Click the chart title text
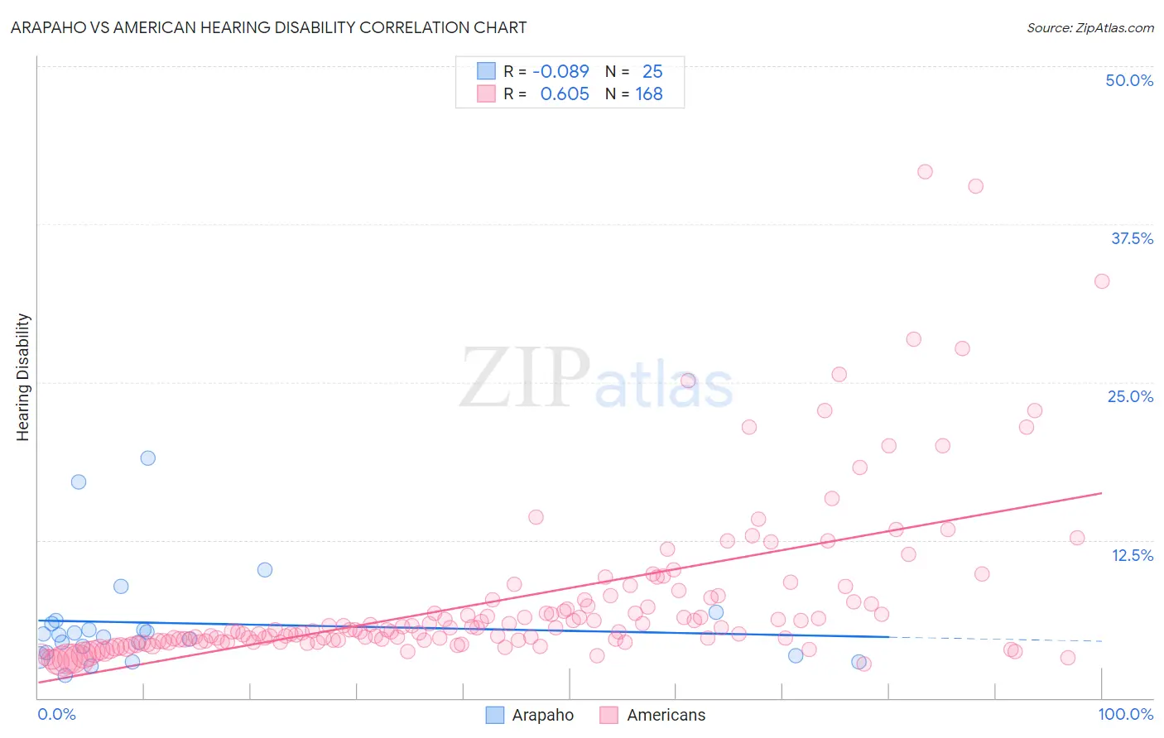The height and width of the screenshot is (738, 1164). tap(269, 27)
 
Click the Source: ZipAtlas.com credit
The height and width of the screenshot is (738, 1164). tap(1089, 27)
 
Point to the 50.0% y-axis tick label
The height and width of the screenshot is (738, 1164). tap(1129, 80)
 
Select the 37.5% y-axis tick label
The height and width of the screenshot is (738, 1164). tap(1132, 238)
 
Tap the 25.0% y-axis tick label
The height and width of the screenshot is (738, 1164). tap(1130, 396)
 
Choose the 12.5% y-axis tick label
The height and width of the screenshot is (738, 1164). tap(1132, 555)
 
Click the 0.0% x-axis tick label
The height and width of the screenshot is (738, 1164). tap(56, 714)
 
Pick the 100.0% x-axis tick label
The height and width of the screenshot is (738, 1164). tap(1125, 714)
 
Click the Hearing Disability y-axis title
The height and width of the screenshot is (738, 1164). tap(23, 376)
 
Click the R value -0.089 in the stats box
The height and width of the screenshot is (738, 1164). tap(560, 71)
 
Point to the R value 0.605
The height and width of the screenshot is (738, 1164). tap(565, 94)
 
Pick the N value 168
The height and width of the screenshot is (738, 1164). tap(649, 94)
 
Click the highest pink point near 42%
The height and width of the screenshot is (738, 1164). tap(925, 172)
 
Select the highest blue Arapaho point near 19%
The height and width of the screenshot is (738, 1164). tap(148, 458)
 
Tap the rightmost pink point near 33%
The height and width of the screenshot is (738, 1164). tap(1102, 281)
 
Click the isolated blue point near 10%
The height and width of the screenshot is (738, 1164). tap(265, 569)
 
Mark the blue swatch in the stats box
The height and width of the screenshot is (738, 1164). tap(486, 71)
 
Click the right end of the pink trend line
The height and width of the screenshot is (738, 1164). tap(1101, 493)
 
